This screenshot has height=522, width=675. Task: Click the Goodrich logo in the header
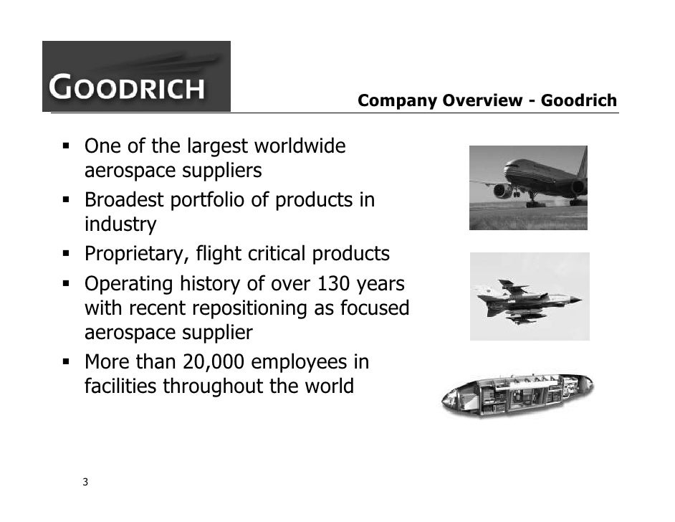136,77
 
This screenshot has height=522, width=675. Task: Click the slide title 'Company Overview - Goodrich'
487,101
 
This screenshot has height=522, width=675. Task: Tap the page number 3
85,482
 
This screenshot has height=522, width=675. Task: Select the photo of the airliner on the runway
528,188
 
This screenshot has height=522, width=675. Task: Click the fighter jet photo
529,296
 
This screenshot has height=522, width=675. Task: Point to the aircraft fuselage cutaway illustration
517,395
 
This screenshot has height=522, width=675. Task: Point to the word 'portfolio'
211,199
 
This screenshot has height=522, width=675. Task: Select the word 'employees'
301,362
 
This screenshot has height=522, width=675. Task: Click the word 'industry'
120,225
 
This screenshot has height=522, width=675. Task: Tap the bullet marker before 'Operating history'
65,285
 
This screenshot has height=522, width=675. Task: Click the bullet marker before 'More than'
65,361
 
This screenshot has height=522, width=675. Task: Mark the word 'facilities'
120,386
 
